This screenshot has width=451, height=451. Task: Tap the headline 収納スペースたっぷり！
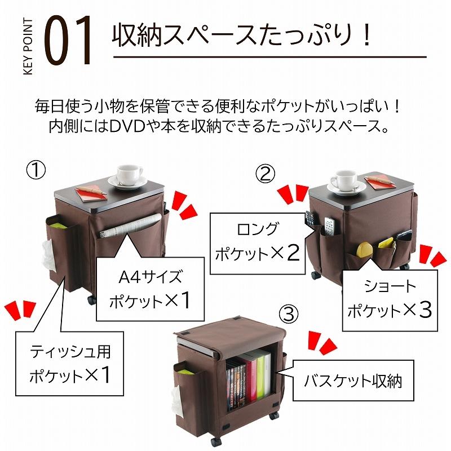pyautogui.click(x=242, y=36)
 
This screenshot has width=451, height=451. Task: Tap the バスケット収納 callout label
pyautogui.click(x=344, y=381)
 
